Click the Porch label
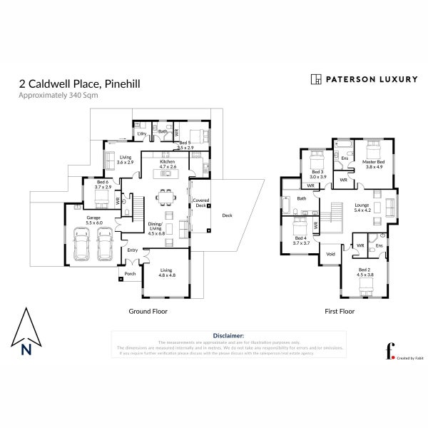(x=130, y=273)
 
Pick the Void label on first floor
(x=330, y=253)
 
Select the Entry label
(x=132, y=250)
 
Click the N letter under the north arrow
(x=26, y=349)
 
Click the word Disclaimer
(x=229, y=335)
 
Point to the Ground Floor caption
(x=147, y=311)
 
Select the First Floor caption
(x=340, y=311)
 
